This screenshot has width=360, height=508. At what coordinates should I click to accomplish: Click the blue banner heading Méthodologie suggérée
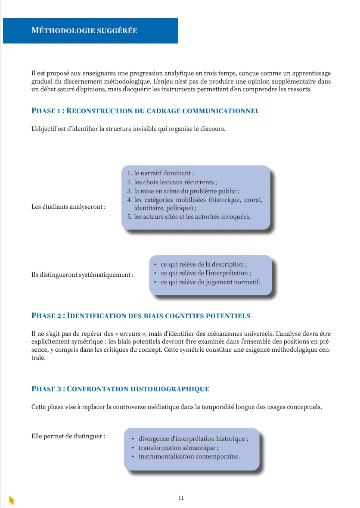(84, 31)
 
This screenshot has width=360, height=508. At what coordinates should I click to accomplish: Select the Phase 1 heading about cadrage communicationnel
(145, 111)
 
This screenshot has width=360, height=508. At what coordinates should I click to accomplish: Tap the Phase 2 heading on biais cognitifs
(141, 316)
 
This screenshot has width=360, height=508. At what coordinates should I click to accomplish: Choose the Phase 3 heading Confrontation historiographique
(120, 389)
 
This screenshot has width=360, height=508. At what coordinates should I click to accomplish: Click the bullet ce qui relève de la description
(204, 264)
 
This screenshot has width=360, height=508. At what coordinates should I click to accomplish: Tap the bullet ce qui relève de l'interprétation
(206, 273)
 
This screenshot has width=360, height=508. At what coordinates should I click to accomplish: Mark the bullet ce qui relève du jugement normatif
(210, 282)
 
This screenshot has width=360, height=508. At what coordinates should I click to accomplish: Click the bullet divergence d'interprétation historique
(193, 439)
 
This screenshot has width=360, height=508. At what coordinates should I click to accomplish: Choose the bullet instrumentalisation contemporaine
(189, 456)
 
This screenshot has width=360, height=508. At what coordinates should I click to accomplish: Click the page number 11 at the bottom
(181, 498)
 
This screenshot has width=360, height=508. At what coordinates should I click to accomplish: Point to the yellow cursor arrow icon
(12, 500)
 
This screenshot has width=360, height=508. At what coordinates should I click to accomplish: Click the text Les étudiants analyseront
(68, 207)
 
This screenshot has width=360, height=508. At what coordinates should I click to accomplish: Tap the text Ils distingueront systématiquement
(82, 274)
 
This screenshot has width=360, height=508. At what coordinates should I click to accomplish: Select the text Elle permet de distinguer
(68, 436)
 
